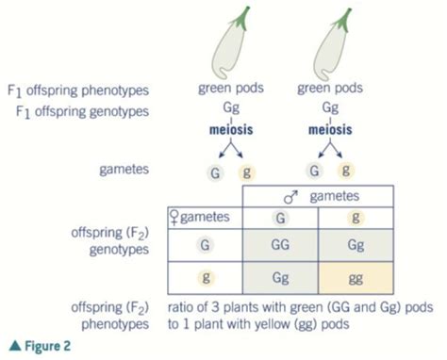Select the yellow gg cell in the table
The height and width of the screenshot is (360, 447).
355,279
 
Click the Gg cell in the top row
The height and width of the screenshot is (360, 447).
355,245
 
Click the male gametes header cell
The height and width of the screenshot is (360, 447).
318,195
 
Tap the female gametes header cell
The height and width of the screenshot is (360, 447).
204,217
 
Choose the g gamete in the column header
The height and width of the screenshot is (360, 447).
355,217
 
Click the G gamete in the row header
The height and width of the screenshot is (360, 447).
204,245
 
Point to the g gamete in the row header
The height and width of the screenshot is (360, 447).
204,279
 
